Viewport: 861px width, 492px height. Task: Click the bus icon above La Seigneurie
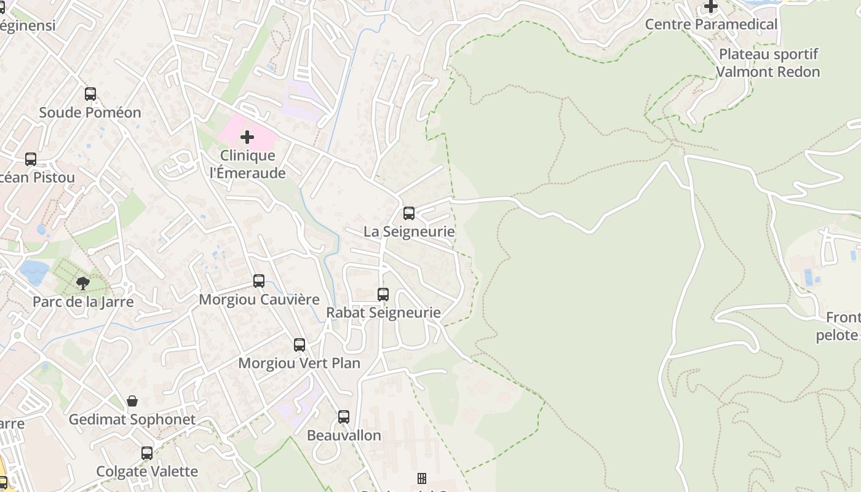click(409, 213)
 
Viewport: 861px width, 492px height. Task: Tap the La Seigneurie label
click(409, 232)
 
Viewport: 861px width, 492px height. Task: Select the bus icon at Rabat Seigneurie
click(383, 295)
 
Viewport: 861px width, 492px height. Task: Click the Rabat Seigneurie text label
click(383, 312)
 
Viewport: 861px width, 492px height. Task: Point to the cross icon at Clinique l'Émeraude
click(247, 137)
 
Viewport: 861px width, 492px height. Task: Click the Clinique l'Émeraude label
click(248, 164)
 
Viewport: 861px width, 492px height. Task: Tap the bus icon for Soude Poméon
click(90, 94)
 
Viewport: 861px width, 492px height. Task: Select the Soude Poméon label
click(90, 113)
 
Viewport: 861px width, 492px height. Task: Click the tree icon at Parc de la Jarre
click(83, 284)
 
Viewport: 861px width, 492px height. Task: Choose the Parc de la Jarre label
click(83, 302)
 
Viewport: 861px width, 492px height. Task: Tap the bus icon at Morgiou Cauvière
click(259, 281)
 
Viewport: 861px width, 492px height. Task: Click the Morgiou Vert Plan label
click(299, 363)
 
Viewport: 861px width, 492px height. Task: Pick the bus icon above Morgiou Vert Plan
click(300, 345)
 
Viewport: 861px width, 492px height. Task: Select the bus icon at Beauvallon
click(344, 417)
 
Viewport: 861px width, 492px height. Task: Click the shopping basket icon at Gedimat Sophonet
click(132, 402)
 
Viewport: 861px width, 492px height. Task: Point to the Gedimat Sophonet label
click(132, 419)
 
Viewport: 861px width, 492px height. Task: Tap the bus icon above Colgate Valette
click(147, 453)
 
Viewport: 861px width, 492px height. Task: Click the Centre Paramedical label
click(711, 25)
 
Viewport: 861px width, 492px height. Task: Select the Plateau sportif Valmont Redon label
click(768, 63)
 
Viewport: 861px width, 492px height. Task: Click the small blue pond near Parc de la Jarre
click(34, 271)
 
